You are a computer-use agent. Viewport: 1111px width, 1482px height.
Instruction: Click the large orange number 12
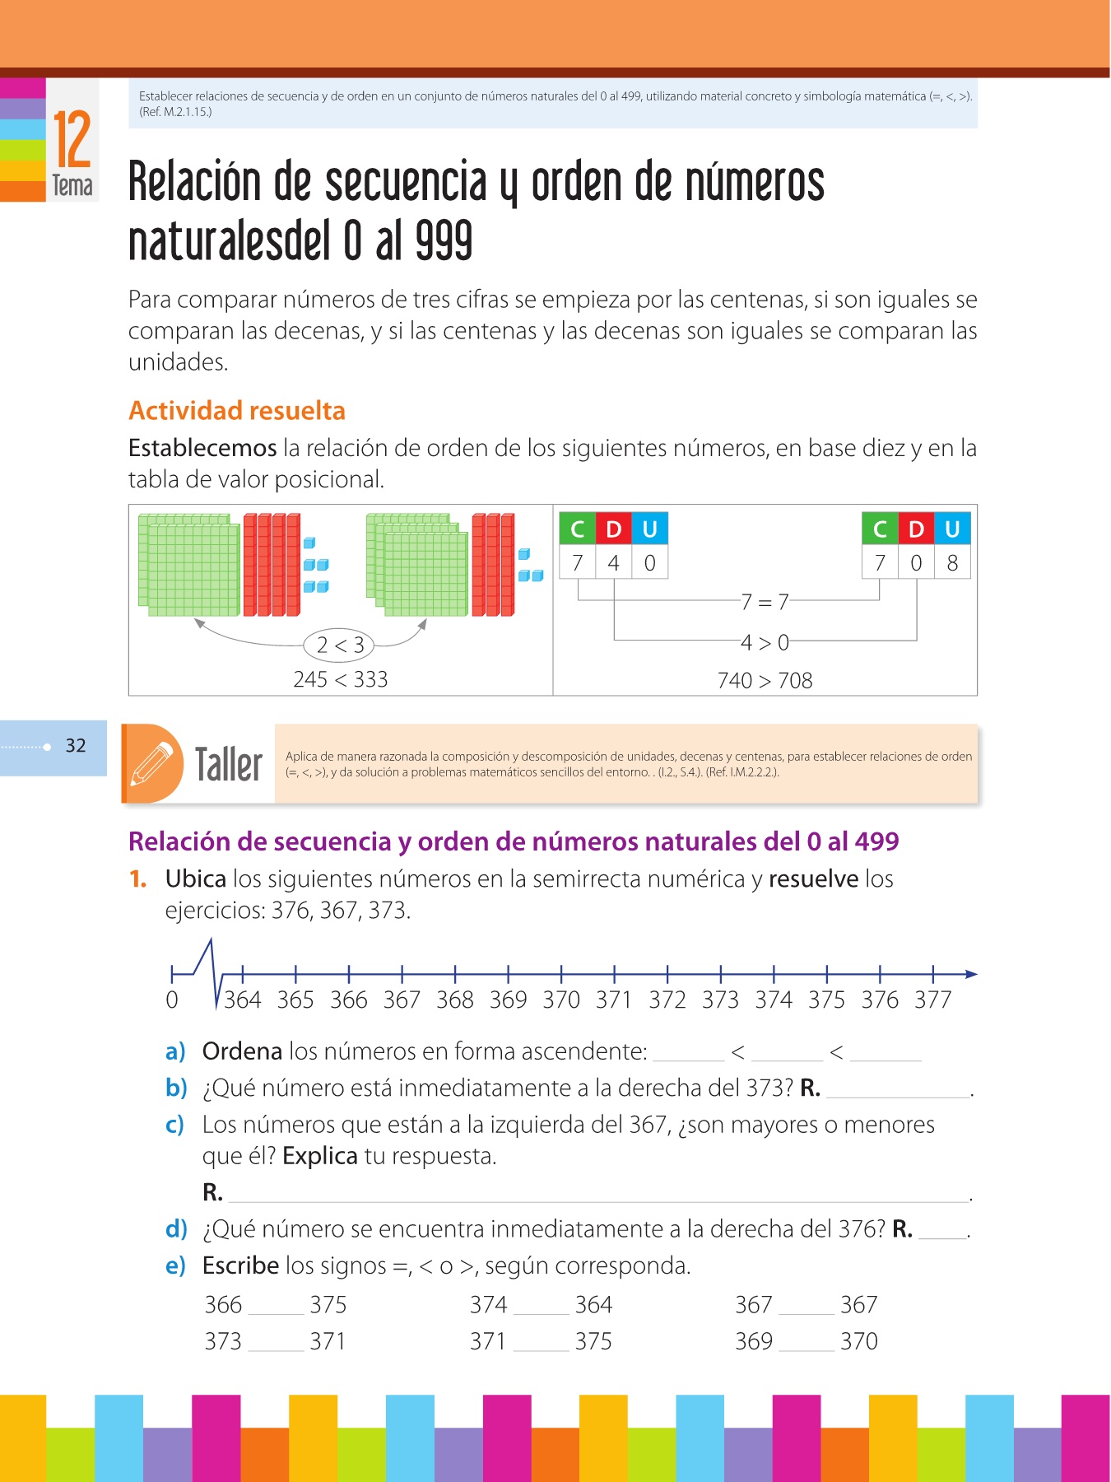pos(72,140)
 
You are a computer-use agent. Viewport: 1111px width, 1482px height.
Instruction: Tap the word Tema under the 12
pos(72,185)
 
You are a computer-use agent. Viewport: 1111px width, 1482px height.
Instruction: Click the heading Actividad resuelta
pos(237,410)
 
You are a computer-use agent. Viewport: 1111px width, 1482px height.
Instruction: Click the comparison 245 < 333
pos(340,679)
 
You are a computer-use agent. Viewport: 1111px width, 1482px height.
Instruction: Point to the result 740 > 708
pos(765,680)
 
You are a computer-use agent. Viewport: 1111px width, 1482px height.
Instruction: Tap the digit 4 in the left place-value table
pos(613,563)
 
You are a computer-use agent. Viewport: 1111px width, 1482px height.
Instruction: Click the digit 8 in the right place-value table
pos(952,563)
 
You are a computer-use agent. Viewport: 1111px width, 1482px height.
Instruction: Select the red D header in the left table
pos(613,529)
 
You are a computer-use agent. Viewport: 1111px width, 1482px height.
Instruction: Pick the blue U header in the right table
pos(952,529)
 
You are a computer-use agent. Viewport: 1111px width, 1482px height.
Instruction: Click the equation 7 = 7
pos(765,602)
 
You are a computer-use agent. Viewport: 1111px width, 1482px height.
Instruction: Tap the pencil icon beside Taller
pos(151,763)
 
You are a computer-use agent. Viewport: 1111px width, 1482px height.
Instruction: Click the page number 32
pos(76,746)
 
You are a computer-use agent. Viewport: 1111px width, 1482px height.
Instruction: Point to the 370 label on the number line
pos(561,1000)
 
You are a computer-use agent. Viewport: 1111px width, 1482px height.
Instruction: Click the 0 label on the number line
pos(172,1000)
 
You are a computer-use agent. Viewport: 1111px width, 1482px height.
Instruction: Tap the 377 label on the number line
pos(933,1000)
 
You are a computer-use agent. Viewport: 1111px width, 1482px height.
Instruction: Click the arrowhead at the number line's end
pos(971,974)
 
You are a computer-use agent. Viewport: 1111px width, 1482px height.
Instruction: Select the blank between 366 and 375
pos(276,1307)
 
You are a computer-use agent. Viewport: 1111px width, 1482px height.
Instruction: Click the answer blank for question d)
pos(942,1232)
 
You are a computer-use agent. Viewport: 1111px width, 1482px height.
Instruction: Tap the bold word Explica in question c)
pos(319,1156)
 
